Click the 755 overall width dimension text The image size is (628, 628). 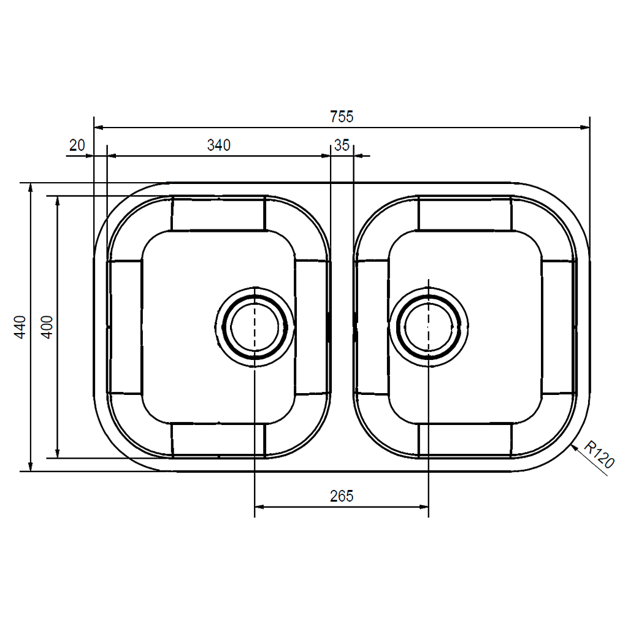(x=342, y=116)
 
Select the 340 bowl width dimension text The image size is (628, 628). (x=218, y=145)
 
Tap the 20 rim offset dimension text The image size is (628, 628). (x=77, y=145)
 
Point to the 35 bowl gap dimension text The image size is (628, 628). (x=342, y=145)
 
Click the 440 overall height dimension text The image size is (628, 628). (x=20, y=327)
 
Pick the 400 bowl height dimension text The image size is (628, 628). (x=48, y=327)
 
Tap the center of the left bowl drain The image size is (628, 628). (x=255, y=326)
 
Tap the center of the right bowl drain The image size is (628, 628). (x=428, y=326)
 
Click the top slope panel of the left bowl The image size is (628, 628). (x=218, y=214)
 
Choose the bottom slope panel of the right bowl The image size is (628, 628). (x=465, y=439)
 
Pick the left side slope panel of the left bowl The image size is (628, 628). (x=125, y=326)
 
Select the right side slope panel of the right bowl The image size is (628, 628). (x=558, y=326)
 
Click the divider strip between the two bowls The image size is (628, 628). (x=342, y=326)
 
